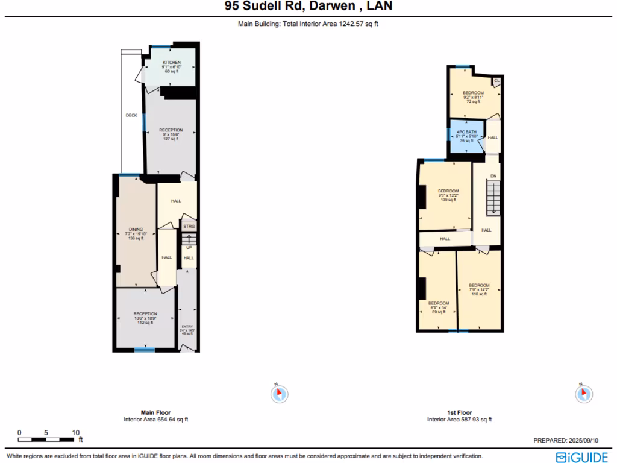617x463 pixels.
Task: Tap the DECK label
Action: click(131, 115)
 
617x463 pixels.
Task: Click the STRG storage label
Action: click(189, 227)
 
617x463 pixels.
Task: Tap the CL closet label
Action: click(496, 80)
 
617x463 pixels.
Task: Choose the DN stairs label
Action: click(493, 176)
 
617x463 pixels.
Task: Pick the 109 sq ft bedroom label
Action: click(448, 195)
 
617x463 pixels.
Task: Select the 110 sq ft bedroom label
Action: click(479, 289)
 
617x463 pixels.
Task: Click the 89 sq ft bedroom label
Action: click(438, 307)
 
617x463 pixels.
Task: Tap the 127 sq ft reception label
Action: click(171, 134)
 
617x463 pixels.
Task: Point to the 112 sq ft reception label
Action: click(145, 318)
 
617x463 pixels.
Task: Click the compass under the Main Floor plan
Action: click(279, 394)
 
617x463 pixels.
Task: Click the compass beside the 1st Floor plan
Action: click(583, 394)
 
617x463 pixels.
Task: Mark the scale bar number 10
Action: click(76, 433)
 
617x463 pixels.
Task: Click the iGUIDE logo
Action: click(581, 456)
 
